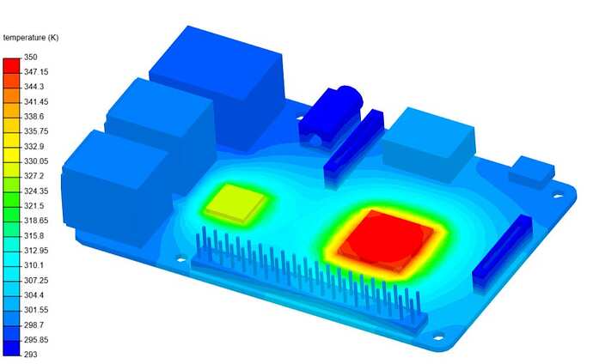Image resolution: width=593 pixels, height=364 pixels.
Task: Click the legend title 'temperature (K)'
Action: tap(31, 38)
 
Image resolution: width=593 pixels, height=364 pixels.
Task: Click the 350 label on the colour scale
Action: tap(31, 57)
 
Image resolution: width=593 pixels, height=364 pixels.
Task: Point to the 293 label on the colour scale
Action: tap(31, 355)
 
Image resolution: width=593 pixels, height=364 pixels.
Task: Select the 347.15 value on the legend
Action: tap(36, 72)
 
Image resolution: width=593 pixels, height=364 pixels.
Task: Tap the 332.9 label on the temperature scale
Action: tap(34, 146)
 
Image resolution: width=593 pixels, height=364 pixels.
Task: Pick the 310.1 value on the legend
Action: tap(34, 265)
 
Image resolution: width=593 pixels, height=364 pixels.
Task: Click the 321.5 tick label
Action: tap(34, 206)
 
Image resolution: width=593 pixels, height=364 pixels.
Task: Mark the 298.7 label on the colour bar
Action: tap(34, 325)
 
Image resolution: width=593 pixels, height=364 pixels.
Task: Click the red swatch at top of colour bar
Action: tap(12, 66)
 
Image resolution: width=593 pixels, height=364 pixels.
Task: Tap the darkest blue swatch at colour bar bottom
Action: tap(12, 349)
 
